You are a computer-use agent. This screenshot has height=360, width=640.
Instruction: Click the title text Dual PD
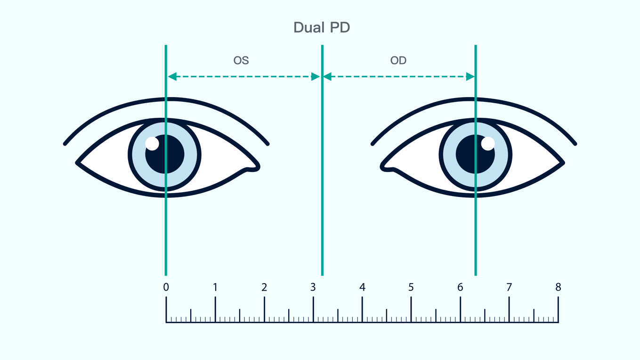[322, 27]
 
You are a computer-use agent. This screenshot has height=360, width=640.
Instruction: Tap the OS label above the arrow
[241, 61]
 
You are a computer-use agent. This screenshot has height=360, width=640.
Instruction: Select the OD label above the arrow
[398, 61]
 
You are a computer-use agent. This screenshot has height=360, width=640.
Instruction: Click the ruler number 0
[166, 287]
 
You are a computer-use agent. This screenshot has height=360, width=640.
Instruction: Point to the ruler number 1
[215, 287]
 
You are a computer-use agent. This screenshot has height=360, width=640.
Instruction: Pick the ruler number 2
[264, 287]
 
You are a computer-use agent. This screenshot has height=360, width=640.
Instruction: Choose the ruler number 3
[313, 287]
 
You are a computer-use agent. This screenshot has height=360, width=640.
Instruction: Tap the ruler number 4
[362, 287]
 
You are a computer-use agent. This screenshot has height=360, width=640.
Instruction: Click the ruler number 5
[411, 287]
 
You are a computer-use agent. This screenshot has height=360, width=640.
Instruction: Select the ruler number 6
[460, 287]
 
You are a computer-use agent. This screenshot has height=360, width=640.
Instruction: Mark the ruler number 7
[509, 287]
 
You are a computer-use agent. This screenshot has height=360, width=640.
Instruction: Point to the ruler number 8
[558, 287]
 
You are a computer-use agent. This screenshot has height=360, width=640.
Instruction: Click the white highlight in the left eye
[152, 144]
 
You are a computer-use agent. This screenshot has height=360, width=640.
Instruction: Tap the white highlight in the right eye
[488, 144]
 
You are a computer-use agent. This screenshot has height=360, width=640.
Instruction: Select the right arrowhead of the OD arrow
[470, 76]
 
